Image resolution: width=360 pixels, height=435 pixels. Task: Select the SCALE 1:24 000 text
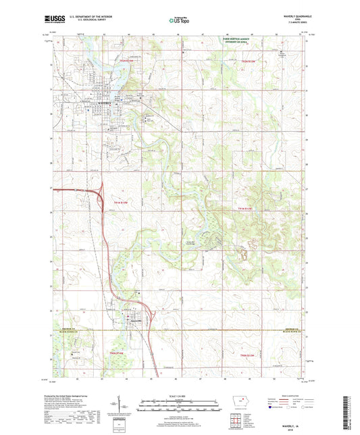click(x=178, y=397)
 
